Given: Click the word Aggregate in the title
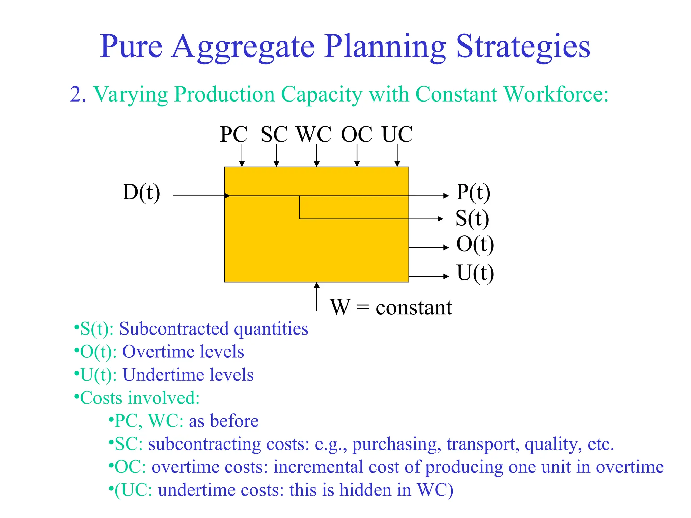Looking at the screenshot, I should tap(243, 47).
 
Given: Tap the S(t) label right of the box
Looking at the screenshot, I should tap(472, 218).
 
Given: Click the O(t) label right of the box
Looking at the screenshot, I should tap(475, 244).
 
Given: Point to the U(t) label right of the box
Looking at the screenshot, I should tap(475, 273).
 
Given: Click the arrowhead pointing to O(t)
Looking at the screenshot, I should tap(446, 248).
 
